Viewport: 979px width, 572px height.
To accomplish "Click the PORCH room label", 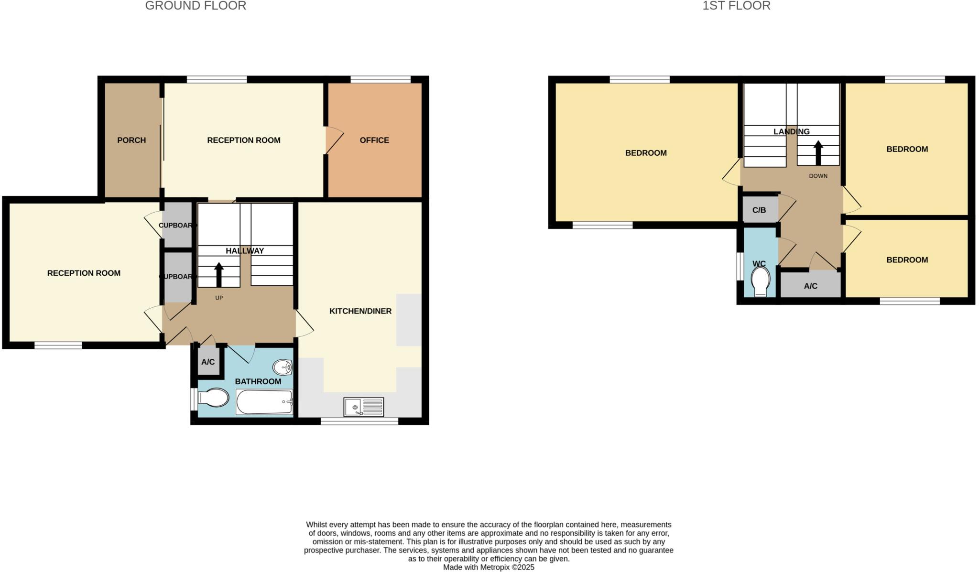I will (x=131, y=140).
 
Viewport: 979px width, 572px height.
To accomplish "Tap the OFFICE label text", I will (x=374, y=140).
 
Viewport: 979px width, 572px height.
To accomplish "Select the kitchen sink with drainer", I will (x=363, y=407).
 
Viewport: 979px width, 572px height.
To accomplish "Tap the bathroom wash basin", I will (x=283, y=367).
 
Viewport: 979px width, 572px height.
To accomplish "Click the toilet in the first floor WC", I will (x=761, y=281).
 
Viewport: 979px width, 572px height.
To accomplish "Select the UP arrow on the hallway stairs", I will (x=219, y=274).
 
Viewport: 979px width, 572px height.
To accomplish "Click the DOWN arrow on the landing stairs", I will (x=818, y=152).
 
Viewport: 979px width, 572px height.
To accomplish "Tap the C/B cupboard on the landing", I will (x=759, y=210).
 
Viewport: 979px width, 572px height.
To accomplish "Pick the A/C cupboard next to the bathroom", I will (x=208, y=362).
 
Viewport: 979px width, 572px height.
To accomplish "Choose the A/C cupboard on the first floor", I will (x=810, y=286).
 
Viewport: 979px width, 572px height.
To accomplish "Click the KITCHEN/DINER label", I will (x=360, y=311).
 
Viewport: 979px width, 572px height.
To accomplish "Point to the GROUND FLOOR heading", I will (x=196, y=6).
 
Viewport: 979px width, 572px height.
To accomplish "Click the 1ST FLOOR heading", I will (x=736, y=6).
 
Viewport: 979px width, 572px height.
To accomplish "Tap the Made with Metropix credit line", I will (x=489, y=567).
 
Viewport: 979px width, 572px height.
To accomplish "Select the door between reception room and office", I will (x=334, y=140).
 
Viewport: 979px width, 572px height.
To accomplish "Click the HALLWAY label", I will (x=245, y=251).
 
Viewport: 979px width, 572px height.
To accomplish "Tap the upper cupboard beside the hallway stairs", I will (x=177, y=225).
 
